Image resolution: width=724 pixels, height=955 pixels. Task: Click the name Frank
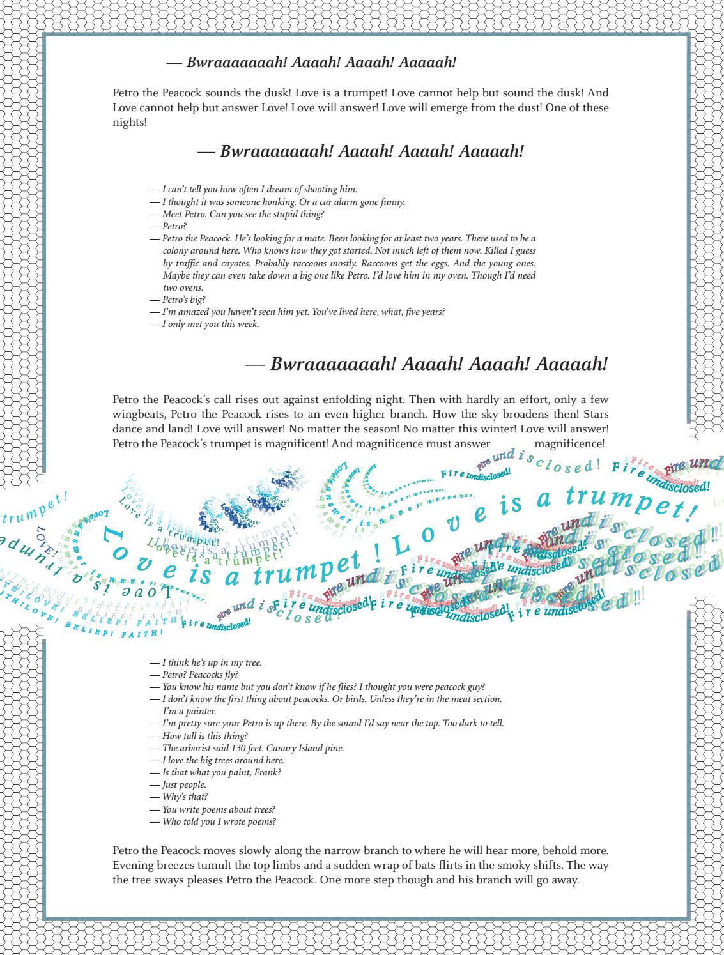pyautogui.click(x=270, y=772)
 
